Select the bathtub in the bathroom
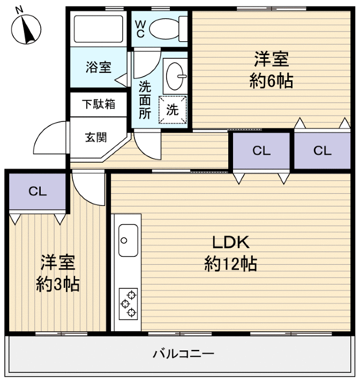(x=97, y=29)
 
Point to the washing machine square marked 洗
(x=172, y=110)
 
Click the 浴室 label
(x=99, y=68)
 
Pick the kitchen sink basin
(x=128, y=240)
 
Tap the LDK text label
(x=230, y=242)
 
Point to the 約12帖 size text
(x=230, y=263)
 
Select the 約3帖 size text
(x=57, y=284)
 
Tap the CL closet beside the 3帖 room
(x=37, y=191)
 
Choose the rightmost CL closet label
(x=322, y=150)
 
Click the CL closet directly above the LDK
(x=261, y=150)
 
